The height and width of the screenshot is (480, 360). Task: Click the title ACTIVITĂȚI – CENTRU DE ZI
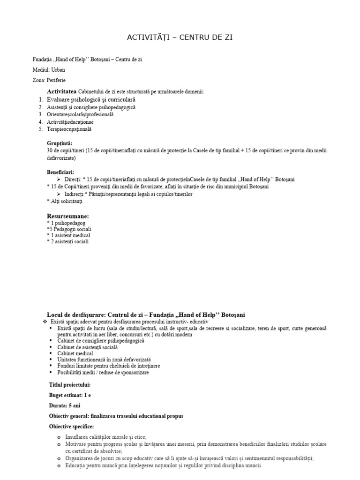click(x=180, y=37)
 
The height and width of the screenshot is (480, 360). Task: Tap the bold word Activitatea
click(x=62, y=91)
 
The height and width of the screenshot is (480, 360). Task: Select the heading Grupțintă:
click(x=60, y=143)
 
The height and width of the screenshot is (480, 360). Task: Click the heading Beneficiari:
click(x=60, y=172)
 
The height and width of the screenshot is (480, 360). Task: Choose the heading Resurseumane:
click(x=67, y=216)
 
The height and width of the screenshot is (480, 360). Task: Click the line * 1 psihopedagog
click(x=66, y=223)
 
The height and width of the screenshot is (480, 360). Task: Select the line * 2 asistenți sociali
click(x=67, y=241)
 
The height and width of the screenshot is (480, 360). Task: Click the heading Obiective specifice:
click(x=71, y=427)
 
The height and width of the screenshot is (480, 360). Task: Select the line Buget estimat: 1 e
click(x=70, y=395)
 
